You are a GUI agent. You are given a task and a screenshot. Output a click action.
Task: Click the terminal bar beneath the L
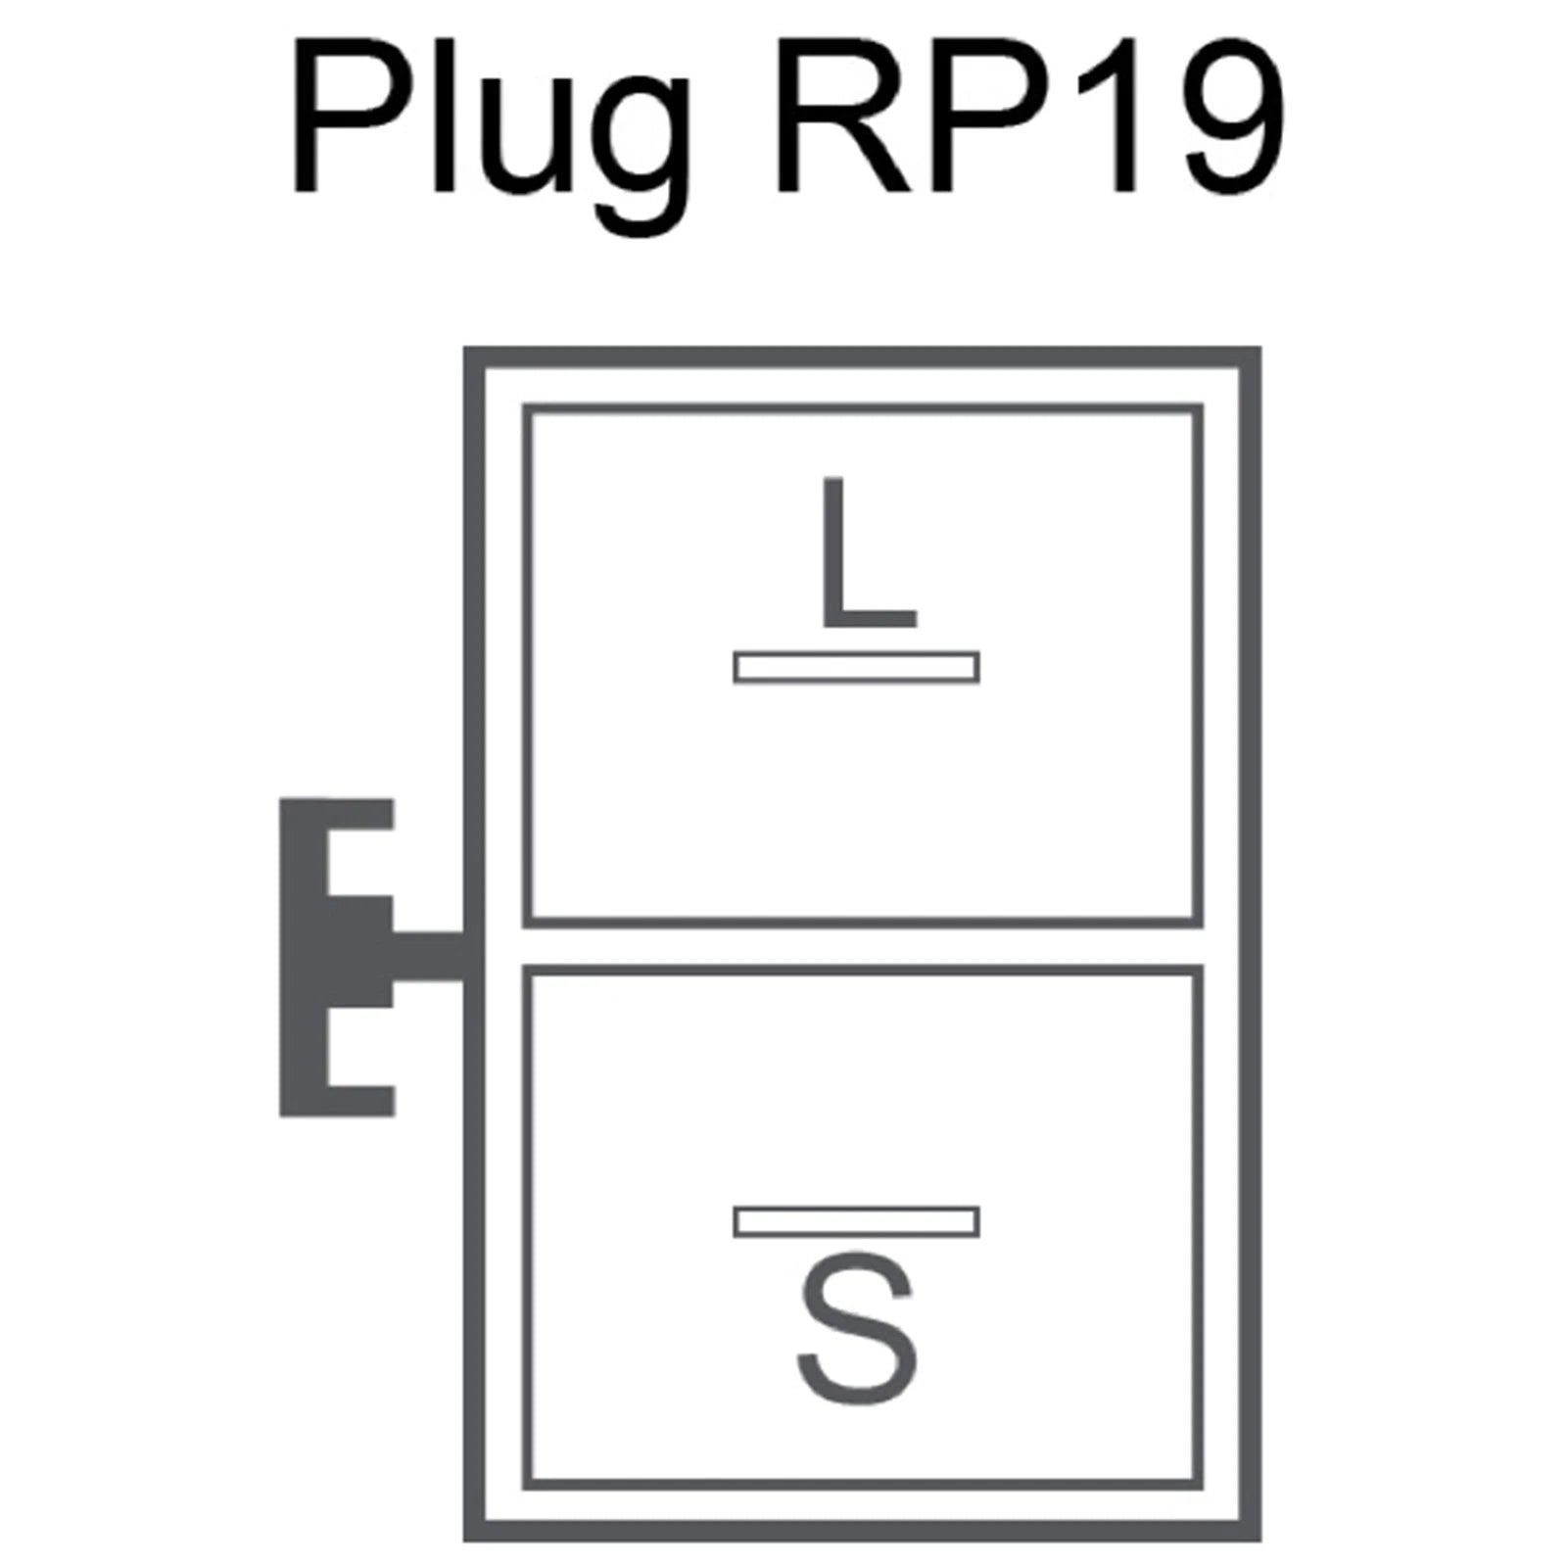pyautogui.click(x=856, y=667)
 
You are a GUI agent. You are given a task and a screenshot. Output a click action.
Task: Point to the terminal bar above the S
pyautogui.click(x=856, y=1221)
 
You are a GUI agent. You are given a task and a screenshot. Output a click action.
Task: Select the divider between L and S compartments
pyautogui.click(x=862, y=946)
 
